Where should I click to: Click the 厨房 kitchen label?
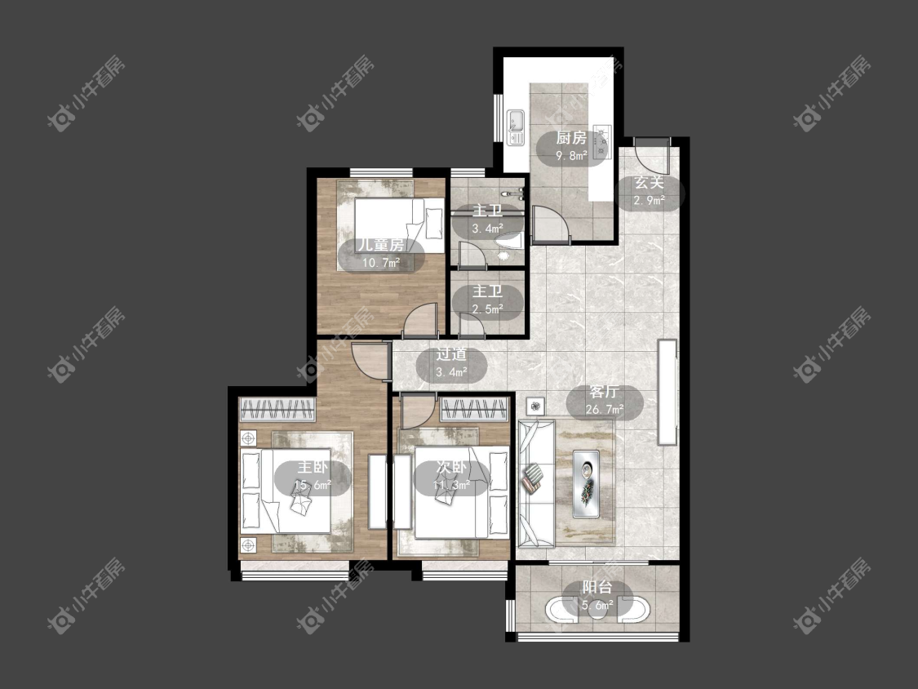(571, 138)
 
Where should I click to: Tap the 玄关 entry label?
(650, 183)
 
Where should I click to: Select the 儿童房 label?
(381, 245)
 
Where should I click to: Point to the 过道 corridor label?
(451, 354)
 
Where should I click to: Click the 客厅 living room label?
(605, 392)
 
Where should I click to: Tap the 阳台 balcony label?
(597, 587)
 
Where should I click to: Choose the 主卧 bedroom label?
(313, 467)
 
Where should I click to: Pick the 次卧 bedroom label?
(451, 467)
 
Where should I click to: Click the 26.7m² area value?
(605, 410)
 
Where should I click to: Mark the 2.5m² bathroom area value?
(488, 309)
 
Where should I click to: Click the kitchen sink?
(516, 127)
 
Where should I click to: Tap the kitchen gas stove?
(602, 141)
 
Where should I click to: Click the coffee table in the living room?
(586, 484)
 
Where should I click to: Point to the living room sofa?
(535, 482)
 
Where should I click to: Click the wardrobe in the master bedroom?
(277, 409)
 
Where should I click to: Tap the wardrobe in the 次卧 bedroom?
(474, 409)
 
